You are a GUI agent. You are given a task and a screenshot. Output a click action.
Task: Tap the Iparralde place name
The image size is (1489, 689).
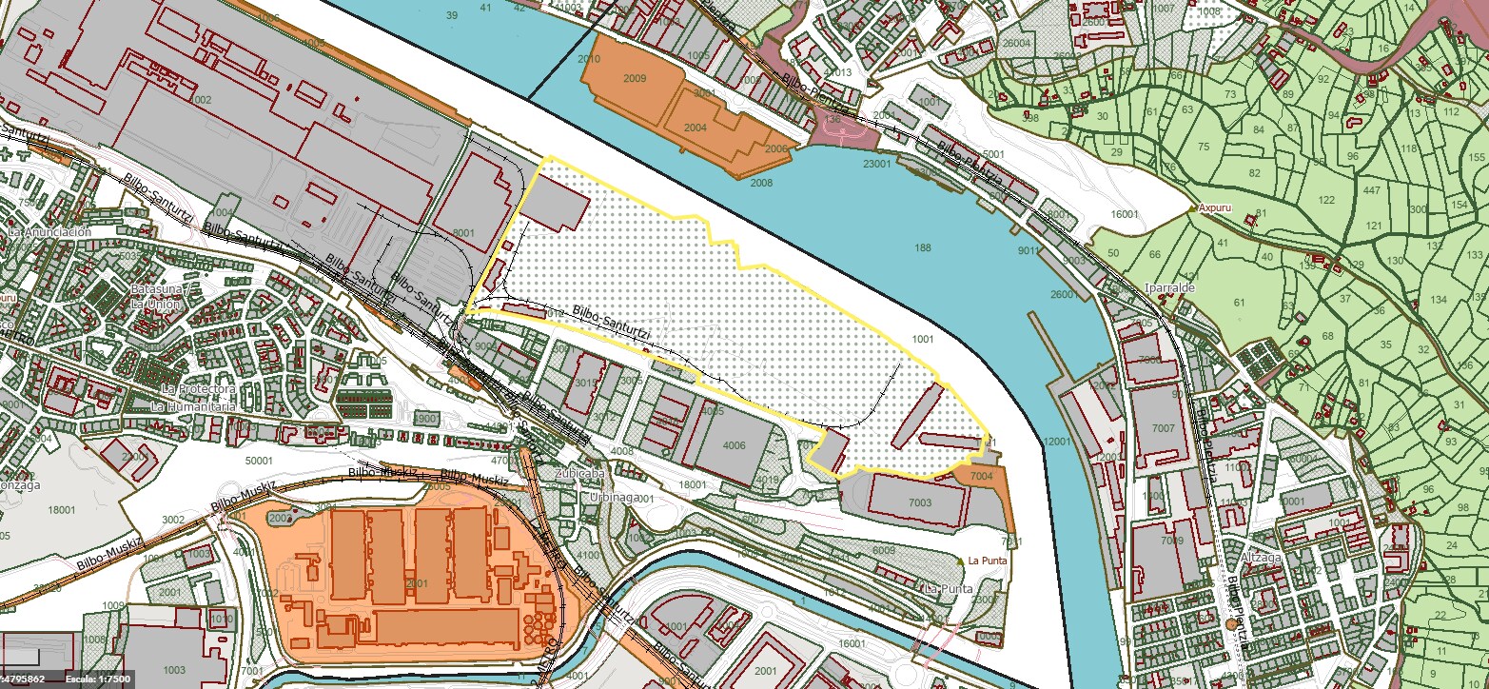coord(1170,286)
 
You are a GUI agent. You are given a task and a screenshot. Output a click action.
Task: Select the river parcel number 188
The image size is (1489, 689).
coord(922,248)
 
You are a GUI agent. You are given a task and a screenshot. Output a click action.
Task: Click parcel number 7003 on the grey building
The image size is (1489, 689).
coord(920,501)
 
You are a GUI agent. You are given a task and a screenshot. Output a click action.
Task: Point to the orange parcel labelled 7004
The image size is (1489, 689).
coord(982,475)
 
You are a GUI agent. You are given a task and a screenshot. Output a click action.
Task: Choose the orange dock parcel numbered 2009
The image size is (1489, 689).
coord(636,78)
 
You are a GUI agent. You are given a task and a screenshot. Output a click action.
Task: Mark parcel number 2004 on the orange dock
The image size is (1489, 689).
coord(696,127)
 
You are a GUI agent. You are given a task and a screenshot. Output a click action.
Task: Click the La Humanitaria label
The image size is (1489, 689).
coord(193,406)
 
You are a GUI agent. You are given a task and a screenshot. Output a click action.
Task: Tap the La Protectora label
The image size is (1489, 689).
coord(198,389)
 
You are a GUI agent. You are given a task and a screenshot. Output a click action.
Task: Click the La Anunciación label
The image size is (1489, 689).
coord(49,231)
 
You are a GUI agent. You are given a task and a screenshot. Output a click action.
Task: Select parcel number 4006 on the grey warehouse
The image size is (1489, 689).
coord(734,444)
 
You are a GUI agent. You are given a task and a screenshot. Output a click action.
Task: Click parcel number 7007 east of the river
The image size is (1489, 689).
coord(1164,429)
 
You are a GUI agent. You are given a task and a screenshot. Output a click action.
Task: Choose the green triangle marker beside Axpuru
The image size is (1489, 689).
coord(1193,206)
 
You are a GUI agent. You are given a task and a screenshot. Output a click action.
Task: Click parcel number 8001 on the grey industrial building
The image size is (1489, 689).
coord(463,232)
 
